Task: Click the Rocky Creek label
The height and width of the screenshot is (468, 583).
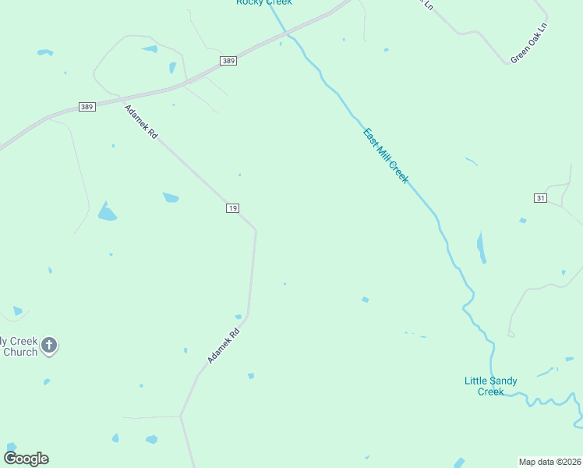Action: (264, 2)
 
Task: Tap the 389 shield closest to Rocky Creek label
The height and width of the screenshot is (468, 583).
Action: (228, 61)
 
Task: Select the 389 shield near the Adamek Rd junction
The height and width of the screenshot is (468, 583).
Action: (87, 107)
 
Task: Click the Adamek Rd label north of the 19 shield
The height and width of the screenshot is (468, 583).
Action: (141, 122)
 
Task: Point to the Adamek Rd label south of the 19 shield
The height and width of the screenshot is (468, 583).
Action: (223, 345)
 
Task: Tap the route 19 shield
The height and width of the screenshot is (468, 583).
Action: (232, 207)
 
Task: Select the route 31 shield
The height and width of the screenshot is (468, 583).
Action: (540, 198)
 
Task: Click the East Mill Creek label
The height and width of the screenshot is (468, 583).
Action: (386, 155)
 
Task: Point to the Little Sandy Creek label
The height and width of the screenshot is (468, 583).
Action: (490, 386)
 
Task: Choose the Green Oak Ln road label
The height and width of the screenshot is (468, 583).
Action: (530, 43)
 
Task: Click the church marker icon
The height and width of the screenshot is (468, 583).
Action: (49, 345)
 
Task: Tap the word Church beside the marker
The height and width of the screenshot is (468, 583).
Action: (20, 352)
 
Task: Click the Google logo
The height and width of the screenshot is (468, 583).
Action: (26, 459)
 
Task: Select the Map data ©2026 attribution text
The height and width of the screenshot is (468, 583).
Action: (549, 462)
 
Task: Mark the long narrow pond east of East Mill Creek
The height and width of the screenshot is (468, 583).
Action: (481, 247)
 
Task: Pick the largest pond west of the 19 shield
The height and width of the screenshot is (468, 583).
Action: (107, 211)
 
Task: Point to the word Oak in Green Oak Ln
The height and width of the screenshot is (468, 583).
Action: (530, 43)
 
